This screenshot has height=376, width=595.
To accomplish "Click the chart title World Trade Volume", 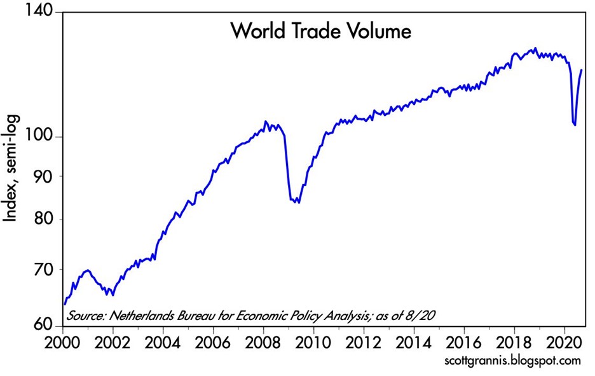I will coord(322,31).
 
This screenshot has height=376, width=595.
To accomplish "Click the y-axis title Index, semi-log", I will coord(12,167).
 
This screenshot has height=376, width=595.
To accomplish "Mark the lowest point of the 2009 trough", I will coord(298,202).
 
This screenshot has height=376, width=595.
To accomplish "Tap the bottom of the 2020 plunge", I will coord(575,125).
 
